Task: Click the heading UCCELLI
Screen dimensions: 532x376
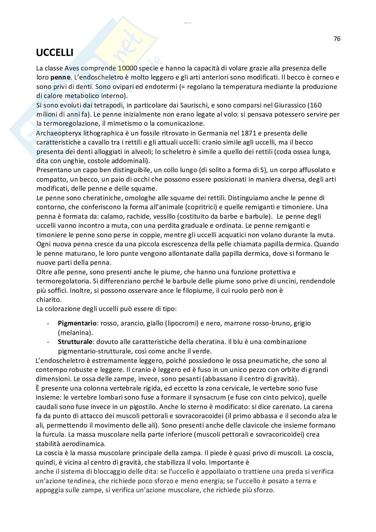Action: pos(55,53)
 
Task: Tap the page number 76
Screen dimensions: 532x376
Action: pos(337,39)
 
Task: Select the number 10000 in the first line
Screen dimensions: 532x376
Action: pos(129,68)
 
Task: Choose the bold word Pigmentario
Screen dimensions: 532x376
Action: pos(77,323)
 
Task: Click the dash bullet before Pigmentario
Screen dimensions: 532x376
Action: pos(49,323)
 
